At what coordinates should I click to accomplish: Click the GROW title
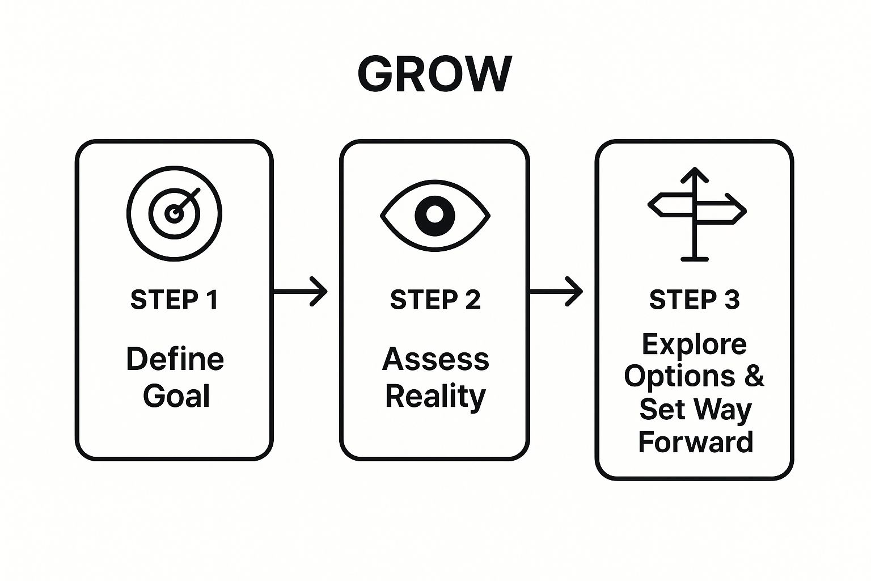435,74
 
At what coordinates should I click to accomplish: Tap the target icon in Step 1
174,213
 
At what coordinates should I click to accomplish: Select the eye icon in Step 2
435,215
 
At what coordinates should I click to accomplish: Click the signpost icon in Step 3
696,214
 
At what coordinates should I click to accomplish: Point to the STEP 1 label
174,300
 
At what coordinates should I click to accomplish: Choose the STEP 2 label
435,300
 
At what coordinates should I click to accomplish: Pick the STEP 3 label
694,300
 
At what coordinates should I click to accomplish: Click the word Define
175,359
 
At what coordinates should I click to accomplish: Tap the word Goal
176,395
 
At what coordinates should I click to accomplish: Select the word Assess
435,359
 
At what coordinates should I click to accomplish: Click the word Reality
435,396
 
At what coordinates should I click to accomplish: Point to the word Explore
694,344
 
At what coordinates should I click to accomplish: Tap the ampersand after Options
754,376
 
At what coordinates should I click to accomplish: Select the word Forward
695,442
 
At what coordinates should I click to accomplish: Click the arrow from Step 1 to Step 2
301,292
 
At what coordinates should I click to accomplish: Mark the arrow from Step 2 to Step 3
556,292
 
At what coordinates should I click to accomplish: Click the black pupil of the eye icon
435,215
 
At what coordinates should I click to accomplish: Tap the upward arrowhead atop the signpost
695,175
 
